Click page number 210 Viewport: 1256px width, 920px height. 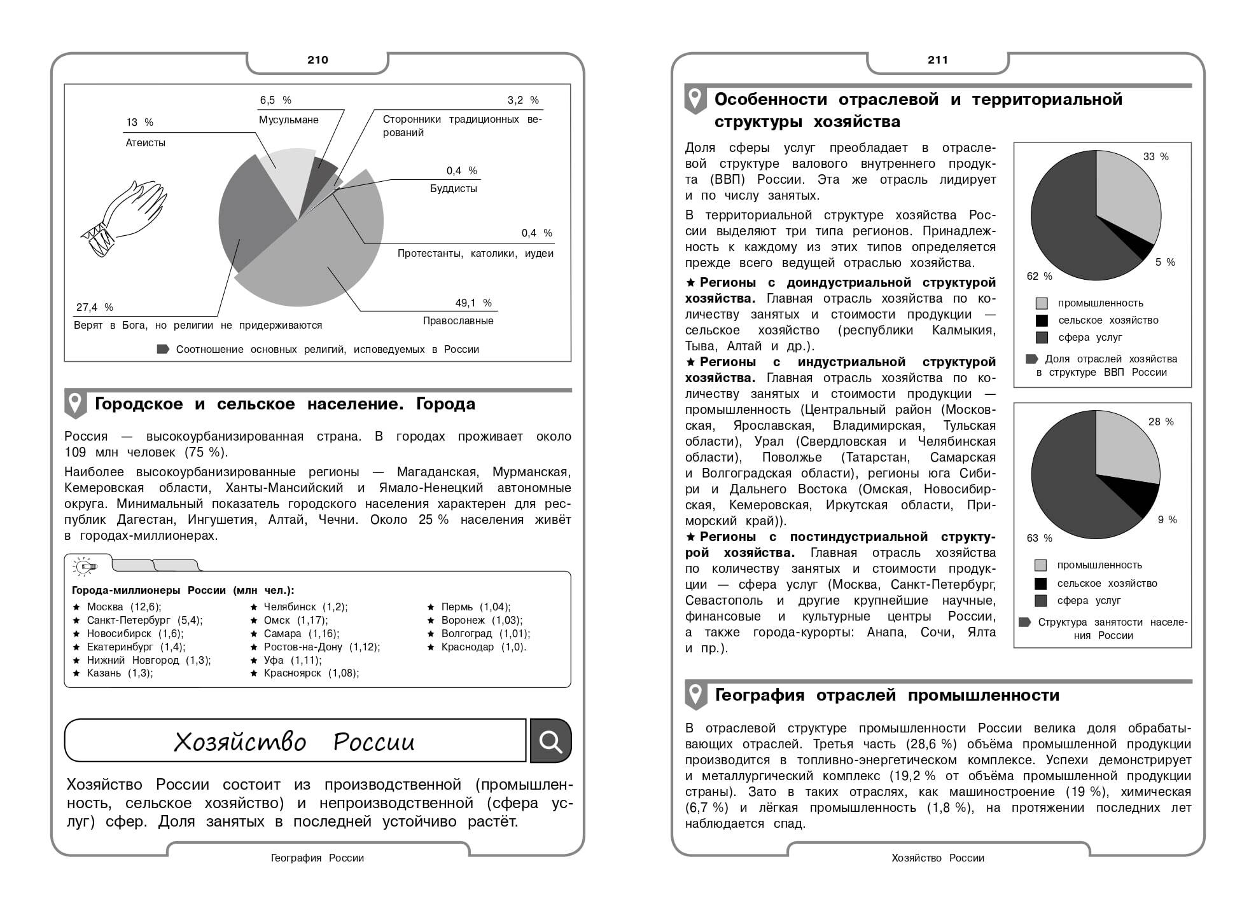(x=317, y=60)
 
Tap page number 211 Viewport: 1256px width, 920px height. (x=938, y=60)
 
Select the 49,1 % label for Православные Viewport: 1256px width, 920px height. (x=473, y=303)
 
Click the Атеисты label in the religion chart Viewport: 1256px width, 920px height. (x=146, y=143)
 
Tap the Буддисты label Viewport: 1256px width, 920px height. (x=453, y=189)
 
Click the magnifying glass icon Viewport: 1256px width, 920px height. (x=550, y=741)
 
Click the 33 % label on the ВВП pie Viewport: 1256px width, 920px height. (x=1155, y=157)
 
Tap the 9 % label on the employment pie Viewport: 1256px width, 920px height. (x=1167, y=520)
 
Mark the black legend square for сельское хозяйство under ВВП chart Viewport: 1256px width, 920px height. (x=1042, y=320)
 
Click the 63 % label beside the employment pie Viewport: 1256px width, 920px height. (x=1040, y=539)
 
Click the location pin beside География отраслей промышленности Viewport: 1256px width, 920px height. (x=695, y=695)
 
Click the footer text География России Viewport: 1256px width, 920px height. (x=317, y=858)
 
